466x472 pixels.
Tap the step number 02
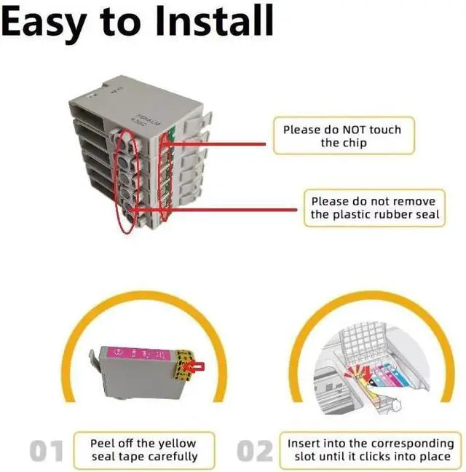256,451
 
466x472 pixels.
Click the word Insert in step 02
306,443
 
